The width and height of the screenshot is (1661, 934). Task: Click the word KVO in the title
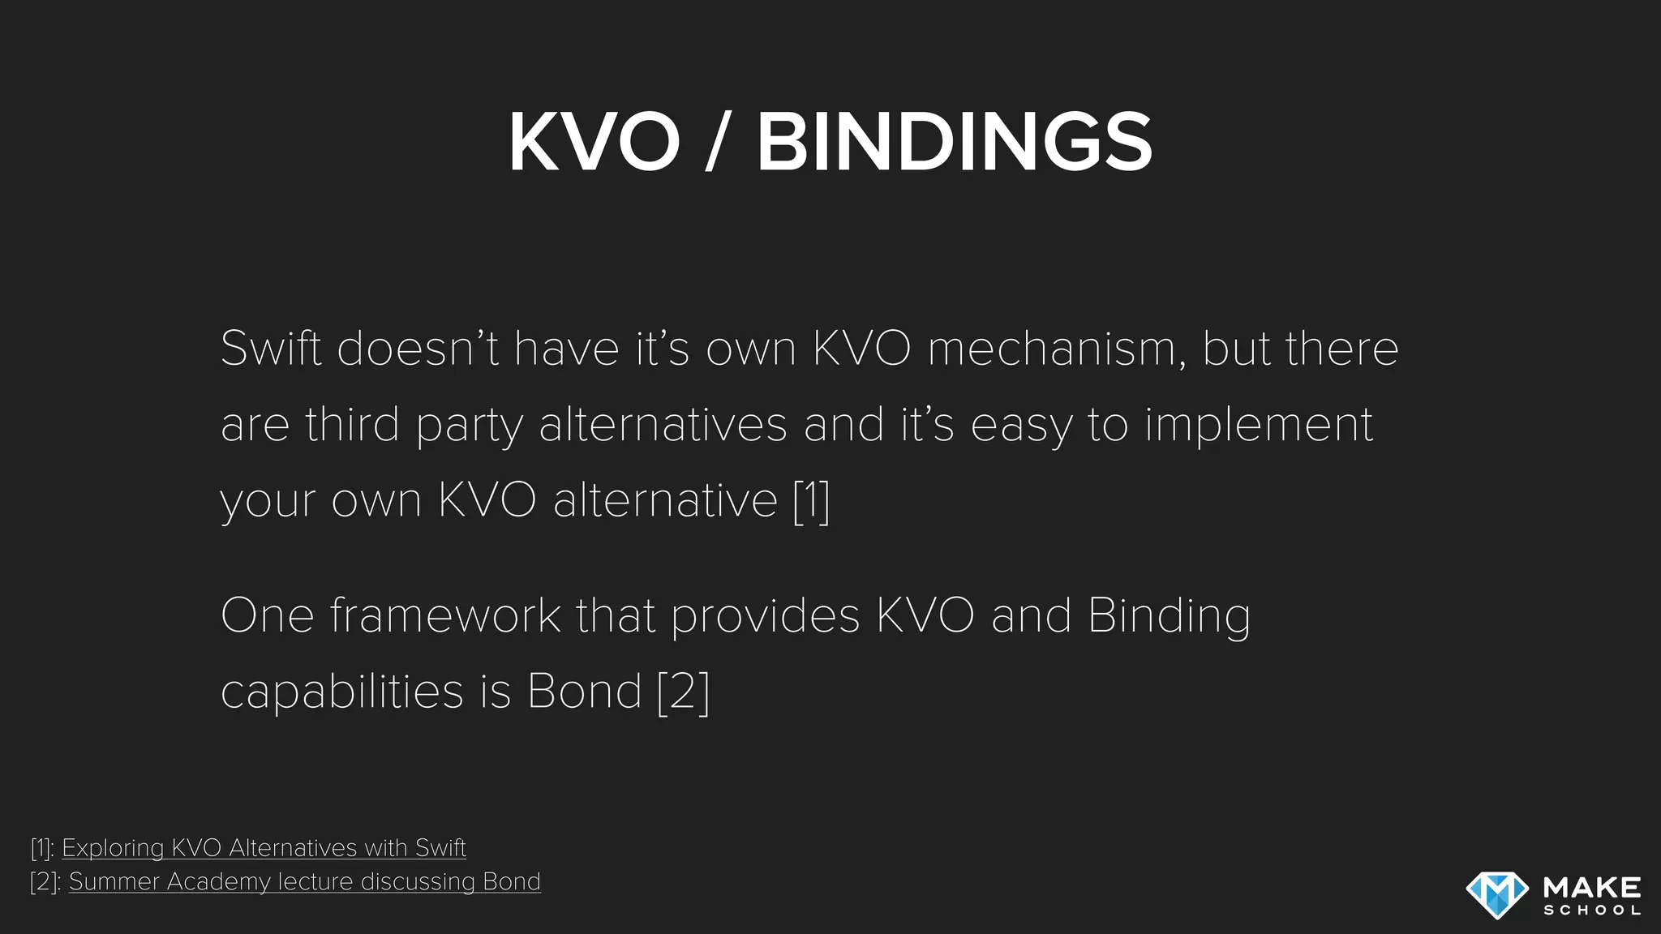coord(594,142)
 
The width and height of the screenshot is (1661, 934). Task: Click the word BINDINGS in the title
coord(954,142)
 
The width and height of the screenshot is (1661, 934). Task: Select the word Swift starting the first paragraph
coord(270,349)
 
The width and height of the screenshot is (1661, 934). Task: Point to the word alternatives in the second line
coord(663,425)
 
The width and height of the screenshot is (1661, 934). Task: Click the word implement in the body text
coord(1259,425)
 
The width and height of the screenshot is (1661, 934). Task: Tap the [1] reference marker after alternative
coord(811,500)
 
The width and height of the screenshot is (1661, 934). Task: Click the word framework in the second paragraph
coord(444,615)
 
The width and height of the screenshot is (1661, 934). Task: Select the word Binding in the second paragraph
coord(1168,615)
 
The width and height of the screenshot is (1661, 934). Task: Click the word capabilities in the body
coord(341,692)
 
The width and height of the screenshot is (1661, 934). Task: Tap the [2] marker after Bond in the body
coord(683,692)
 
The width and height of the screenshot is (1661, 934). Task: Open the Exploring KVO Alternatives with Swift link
coord(264,848)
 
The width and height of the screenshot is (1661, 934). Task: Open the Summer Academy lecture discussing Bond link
coord(304,881)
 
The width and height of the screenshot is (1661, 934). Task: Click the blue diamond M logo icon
coord(1497,894)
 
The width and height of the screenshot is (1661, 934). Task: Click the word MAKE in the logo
coord(1592,887)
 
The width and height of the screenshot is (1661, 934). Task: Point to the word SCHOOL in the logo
coord(1592,910)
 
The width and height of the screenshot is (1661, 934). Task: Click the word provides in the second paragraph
coord(765,615)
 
